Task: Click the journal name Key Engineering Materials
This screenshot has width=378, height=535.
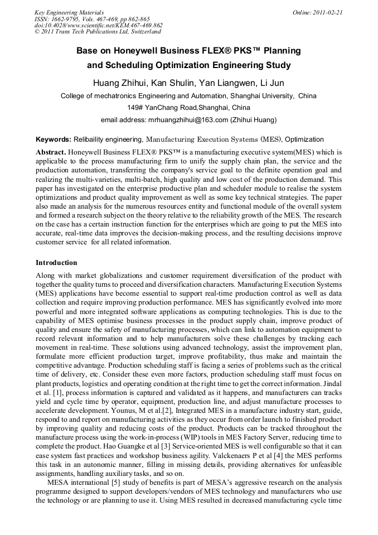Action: point(69,12)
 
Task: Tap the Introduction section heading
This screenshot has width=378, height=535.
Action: point(56,262)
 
